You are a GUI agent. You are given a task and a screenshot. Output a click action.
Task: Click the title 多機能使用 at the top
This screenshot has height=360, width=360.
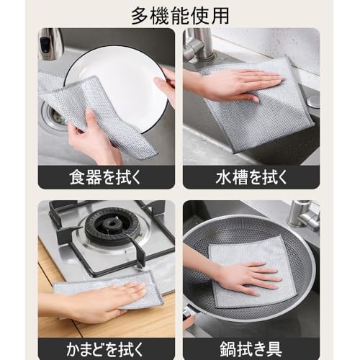[x=180, y=16]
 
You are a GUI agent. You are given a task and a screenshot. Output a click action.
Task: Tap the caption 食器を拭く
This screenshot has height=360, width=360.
[x=105, y=177]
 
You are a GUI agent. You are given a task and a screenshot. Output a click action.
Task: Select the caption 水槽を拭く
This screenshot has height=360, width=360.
[x=251, y=177]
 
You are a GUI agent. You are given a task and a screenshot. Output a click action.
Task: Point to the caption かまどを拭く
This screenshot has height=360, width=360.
[x=105, y=349]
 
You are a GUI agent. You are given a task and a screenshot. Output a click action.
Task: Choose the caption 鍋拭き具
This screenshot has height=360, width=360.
[x=251, y=349]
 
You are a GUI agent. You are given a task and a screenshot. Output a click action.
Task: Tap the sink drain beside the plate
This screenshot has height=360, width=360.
[x=53, y=115]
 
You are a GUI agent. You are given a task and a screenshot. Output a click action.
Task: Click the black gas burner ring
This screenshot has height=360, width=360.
[x=112, y=226]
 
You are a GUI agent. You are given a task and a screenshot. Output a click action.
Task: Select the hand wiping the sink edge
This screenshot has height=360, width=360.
[x=230, y=84]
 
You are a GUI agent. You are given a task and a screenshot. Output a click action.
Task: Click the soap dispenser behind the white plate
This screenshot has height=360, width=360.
[x=49, y=45]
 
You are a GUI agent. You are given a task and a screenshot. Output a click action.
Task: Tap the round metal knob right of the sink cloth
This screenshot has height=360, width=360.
[x=314, y=102]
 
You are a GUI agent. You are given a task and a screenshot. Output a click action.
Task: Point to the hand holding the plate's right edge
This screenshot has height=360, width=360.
[x=166, y=84]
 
